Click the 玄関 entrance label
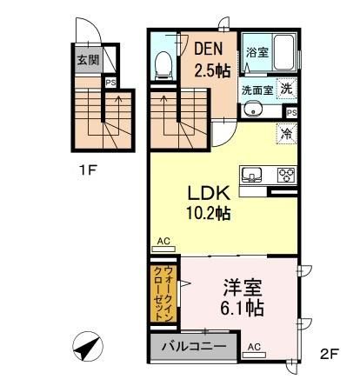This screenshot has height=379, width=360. click(x=88, y=61)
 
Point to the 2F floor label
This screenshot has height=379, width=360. click(x=328, y=354)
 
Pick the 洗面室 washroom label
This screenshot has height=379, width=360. click(x=257, y=89)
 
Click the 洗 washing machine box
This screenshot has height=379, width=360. click(x=286, y=87)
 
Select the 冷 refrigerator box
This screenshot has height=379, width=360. click(x=286, y=133)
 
